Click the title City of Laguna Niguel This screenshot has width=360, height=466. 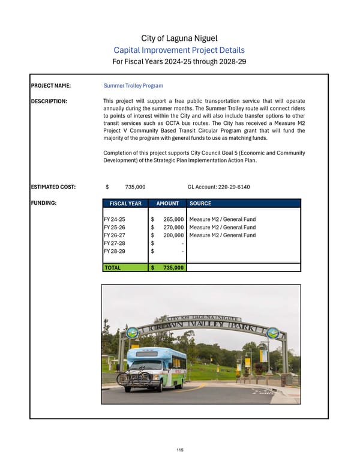pos(180,38)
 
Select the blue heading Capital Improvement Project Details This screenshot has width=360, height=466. pos(180,50)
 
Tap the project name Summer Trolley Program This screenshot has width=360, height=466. pos(133,86)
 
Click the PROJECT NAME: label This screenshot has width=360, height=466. pos(51,86)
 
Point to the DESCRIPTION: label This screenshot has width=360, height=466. pos(49,101)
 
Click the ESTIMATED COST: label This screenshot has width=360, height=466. pos(53,187)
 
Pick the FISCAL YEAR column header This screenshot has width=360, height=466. pos(126,204)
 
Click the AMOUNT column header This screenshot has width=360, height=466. pos(167,204)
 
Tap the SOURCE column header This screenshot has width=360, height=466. pos(200,204)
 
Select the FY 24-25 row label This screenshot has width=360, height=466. pos(115,220)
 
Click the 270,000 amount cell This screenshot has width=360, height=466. pos(173,228)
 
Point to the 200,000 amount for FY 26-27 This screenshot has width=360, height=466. pos(173,235)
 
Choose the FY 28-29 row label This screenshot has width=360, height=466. pos(115,251)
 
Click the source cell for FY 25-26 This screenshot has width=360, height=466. pos(222,228)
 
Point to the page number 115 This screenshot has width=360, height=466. pos(180,450)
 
